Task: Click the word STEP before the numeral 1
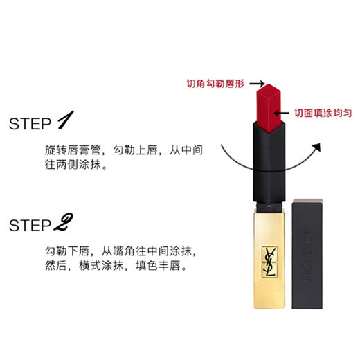pos(31,124)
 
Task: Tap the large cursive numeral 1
pos(65,122)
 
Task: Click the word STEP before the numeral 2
pos(31,225)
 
